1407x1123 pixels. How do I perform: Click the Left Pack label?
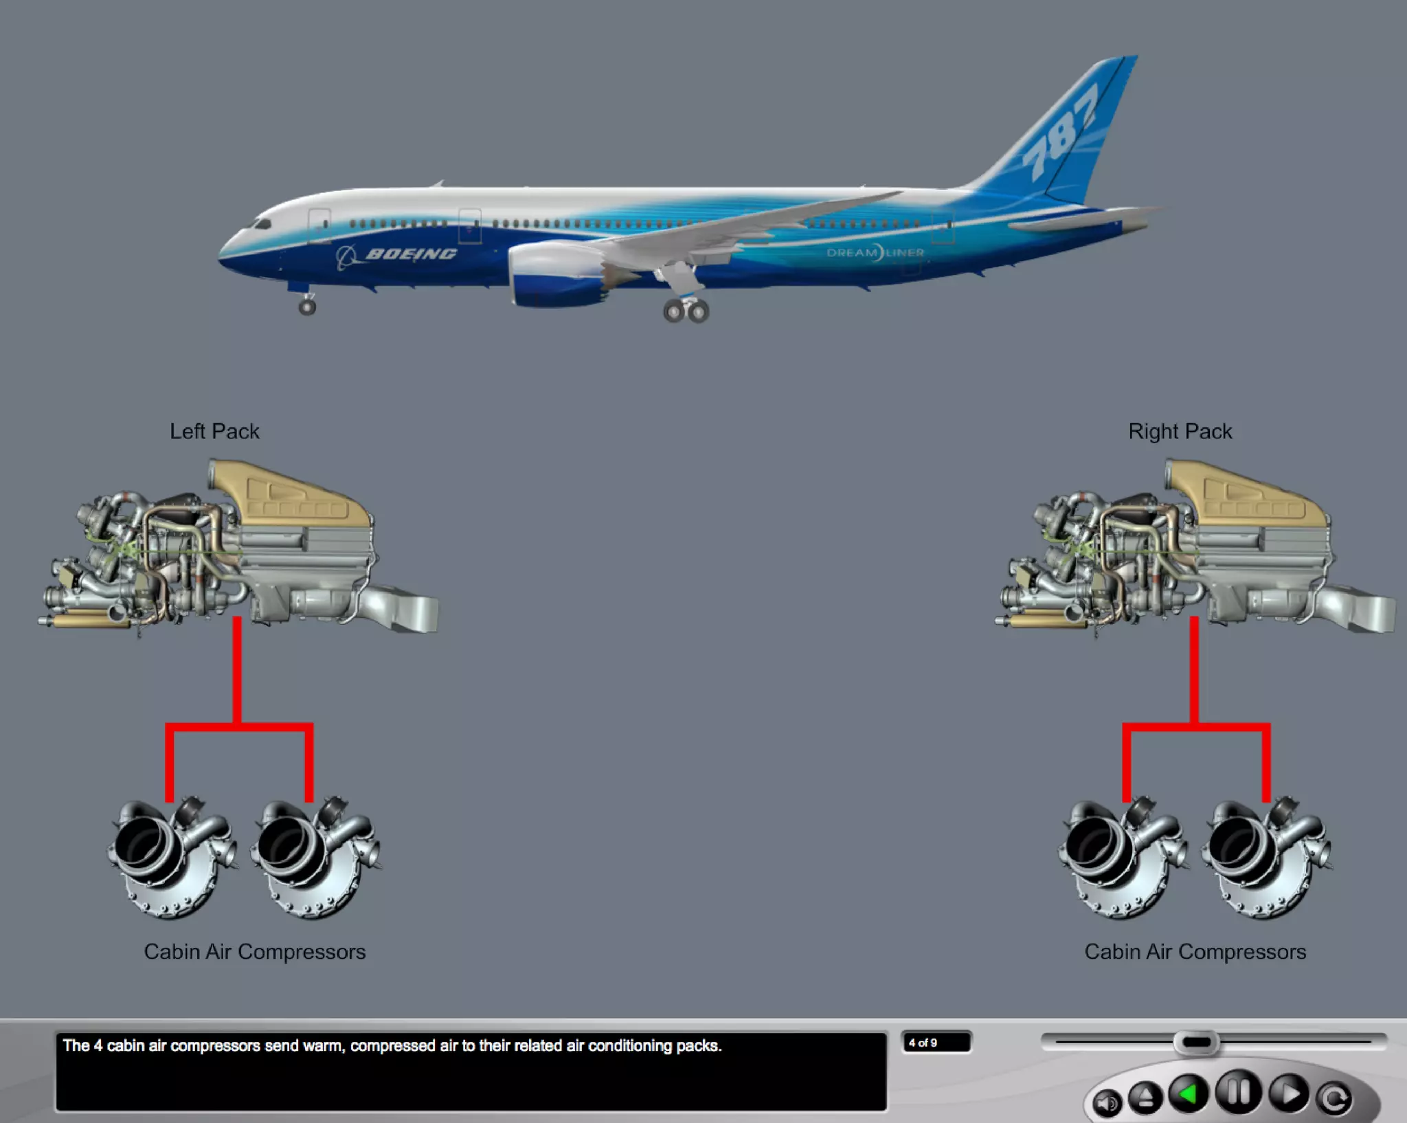[x=214, y=431]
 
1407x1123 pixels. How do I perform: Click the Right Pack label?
[x=1180, y=431]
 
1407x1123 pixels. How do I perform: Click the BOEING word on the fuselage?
[x=411, y=254]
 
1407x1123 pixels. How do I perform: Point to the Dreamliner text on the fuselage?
[x=875, y=253]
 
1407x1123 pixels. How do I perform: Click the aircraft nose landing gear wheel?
[x=307, y=307]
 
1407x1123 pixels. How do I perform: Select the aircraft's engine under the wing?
[x=556, y=275]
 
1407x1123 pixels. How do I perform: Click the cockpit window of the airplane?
[x=261, y=224]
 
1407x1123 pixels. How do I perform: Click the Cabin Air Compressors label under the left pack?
[x=254, y=952]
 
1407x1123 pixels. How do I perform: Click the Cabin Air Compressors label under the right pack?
[x=1195, y=952]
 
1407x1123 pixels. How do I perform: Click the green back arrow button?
[x=1189, y=1093]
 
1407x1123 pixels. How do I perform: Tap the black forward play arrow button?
[x=1288, y=1093]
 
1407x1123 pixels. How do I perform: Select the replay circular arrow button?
[x=1335, y=1098]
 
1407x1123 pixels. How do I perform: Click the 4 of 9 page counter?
[x=936, y=1043]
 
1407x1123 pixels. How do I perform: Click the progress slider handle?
[x=1196, y=1043]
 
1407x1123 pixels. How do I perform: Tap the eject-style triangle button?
[x=1145, y=1097]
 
